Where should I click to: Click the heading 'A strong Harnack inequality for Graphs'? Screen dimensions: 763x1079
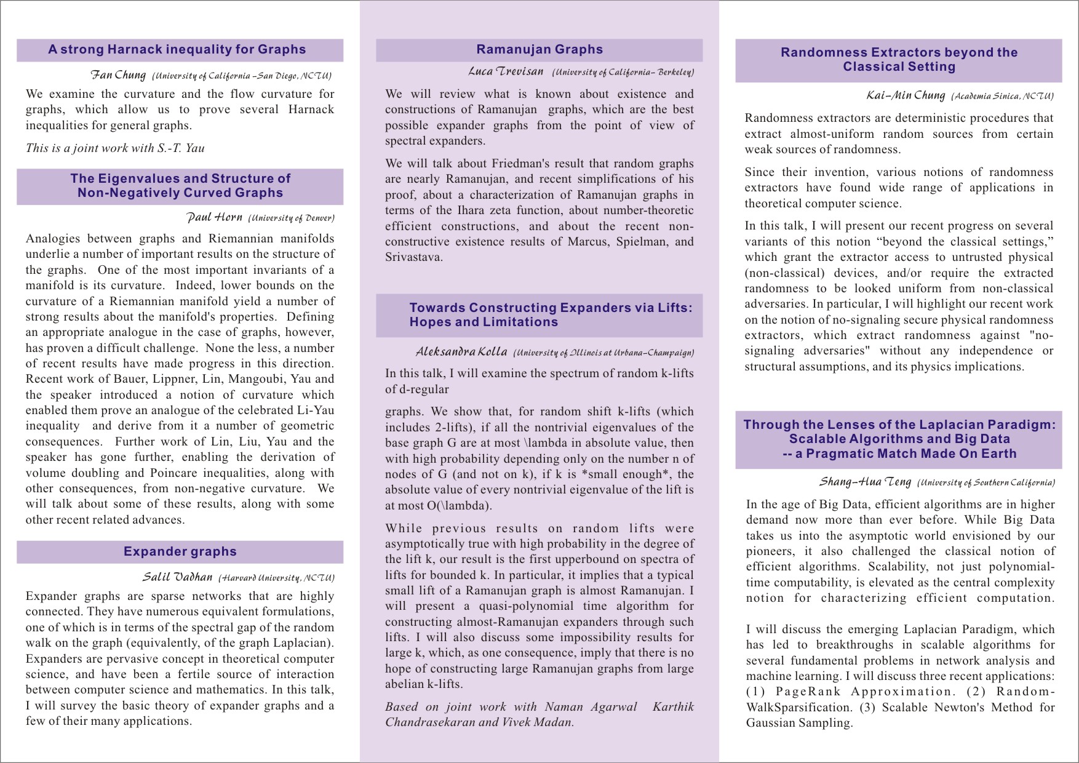(x=177, y=50)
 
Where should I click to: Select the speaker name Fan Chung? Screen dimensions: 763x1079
(x=118, y=75)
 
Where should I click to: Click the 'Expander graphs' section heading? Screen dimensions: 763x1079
(x=180, y=552)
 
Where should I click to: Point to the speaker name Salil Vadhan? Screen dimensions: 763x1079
(x=177, y=577)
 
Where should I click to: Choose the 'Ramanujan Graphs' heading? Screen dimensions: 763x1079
(x=539, y=50)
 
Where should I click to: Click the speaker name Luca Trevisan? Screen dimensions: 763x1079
(x=506, y=71)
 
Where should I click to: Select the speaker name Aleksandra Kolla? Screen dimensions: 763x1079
(x=461, y=352)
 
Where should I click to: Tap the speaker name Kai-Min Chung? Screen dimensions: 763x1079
(x=906, y=95)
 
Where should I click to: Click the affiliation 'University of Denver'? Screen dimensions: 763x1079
(x=291, y=218)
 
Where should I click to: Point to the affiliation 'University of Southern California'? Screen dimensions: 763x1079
(x=985, y=483)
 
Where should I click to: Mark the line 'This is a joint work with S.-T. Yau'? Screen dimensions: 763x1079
(x=115, y=148)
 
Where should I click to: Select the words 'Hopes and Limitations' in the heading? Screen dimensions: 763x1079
(x=484, y=322)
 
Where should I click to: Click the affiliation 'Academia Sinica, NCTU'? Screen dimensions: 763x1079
(x=1002, y=97)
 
